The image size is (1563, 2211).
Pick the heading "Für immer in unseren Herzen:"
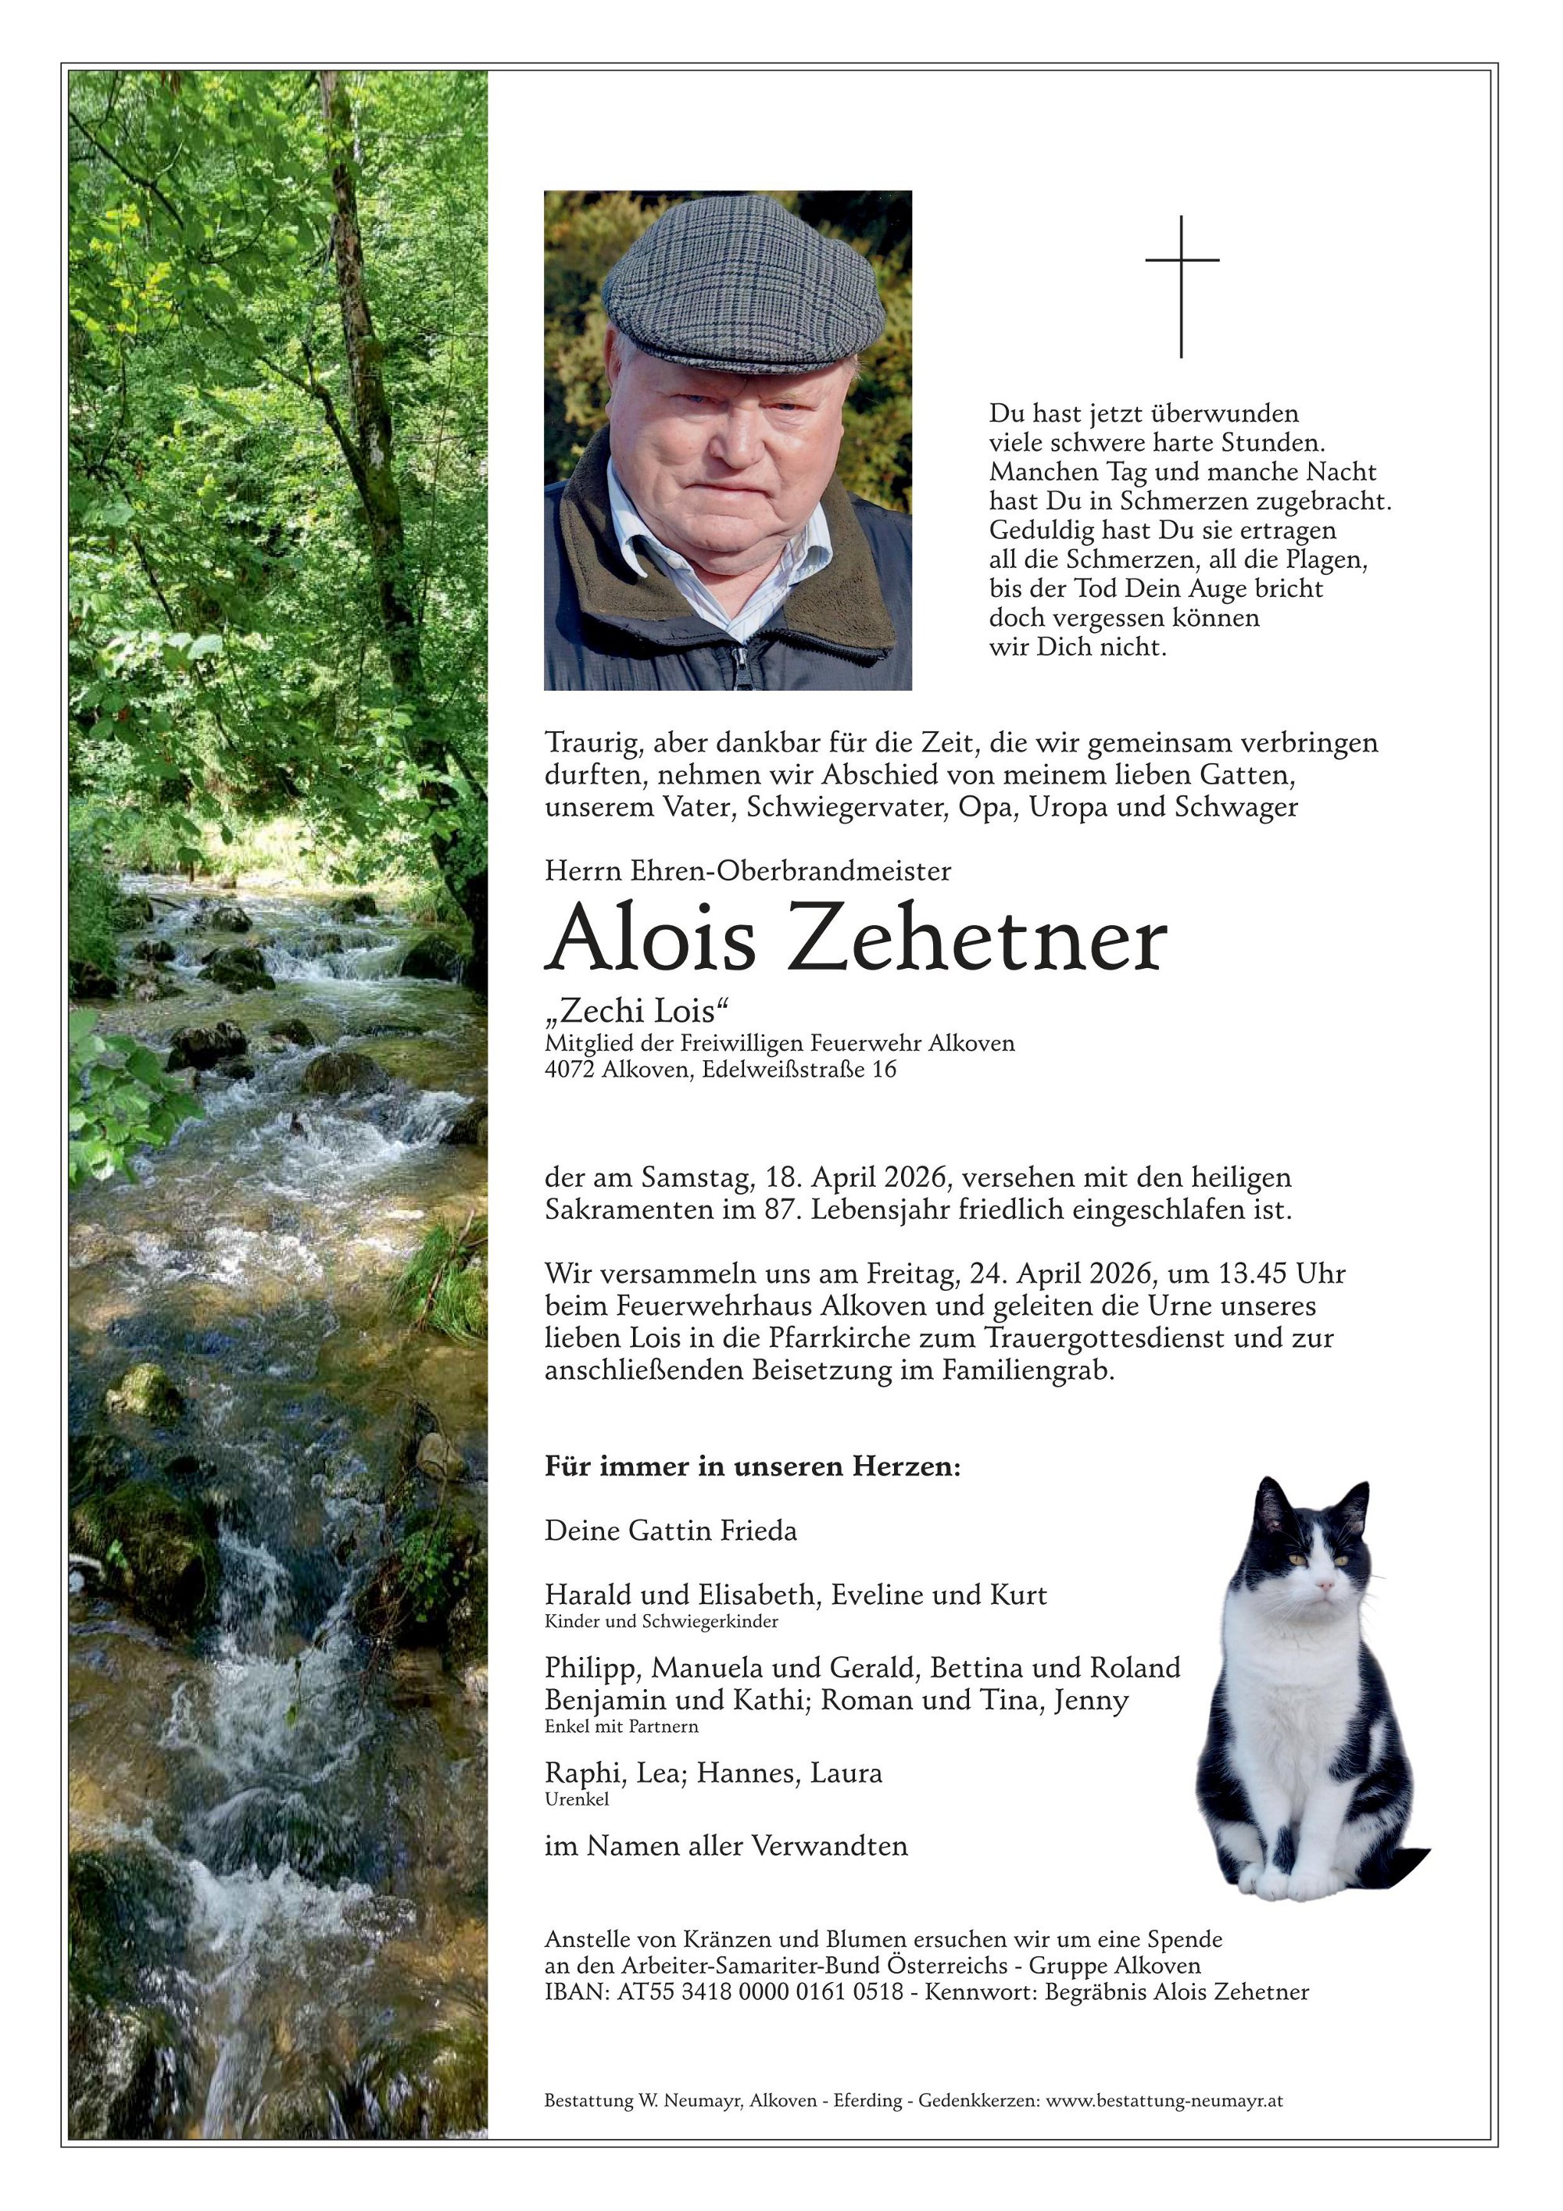[753, 1467]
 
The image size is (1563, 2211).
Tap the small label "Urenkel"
[576, 1798]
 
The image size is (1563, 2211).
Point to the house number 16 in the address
[883, 1069]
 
